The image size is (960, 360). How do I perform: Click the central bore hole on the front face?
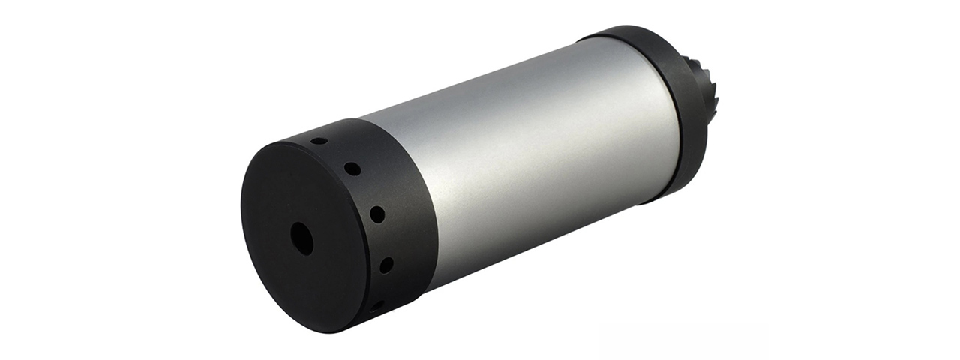[301, 238]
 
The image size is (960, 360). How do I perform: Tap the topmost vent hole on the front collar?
[319, 141]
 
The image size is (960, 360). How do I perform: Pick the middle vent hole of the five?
[376, 214]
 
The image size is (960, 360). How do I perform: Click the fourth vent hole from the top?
[385, 264]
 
